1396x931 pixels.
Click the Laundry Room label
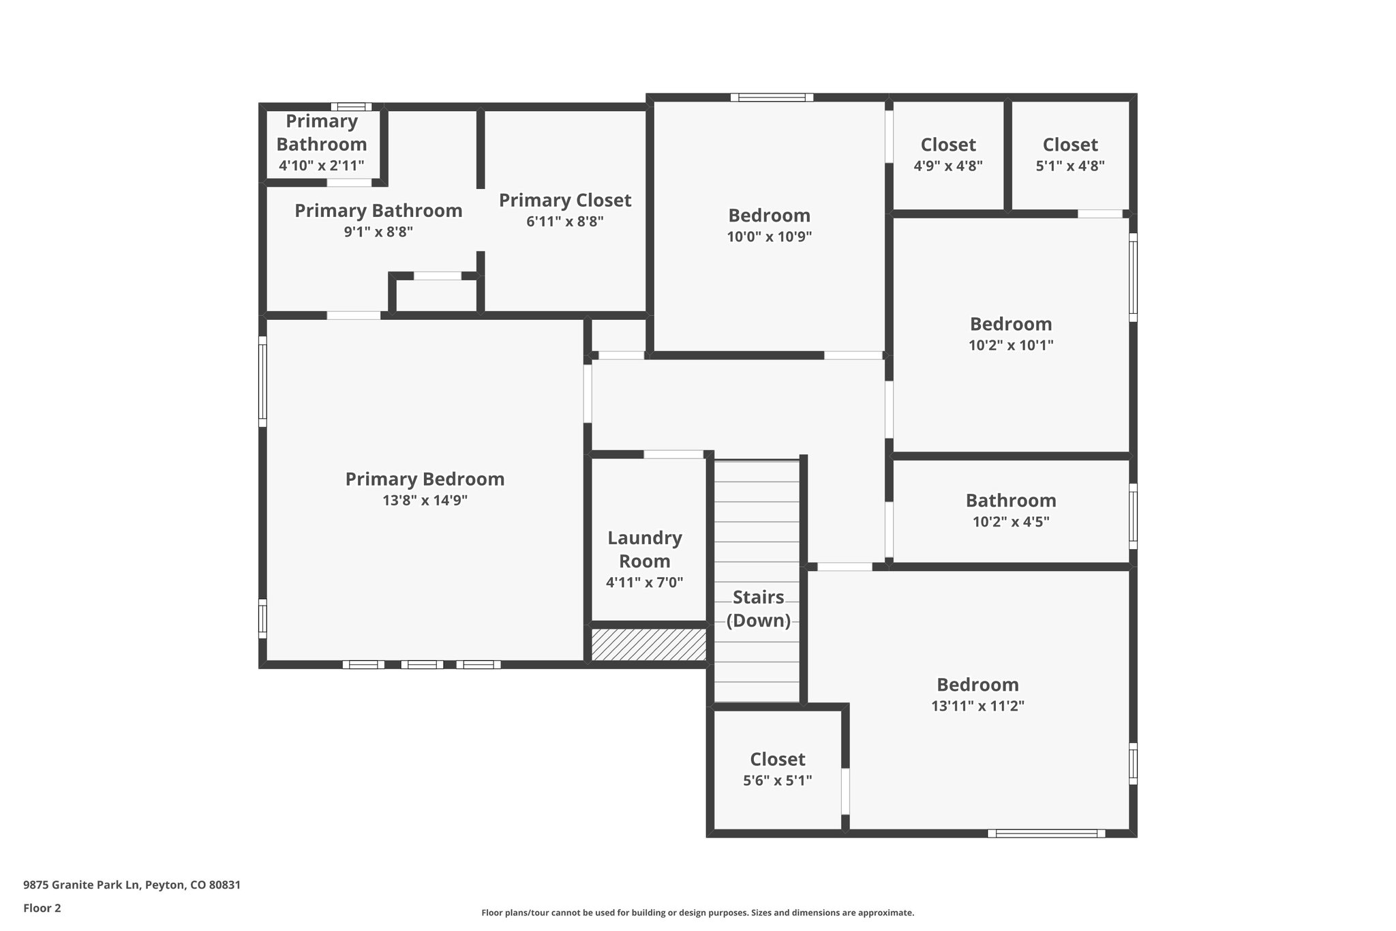coord(644,549)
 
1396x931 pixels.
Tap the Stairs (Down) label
coord(758,608)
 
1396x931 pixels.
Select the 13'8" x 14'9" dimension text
coord(425,501)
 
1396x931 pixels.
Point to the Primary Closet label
coord(565,201)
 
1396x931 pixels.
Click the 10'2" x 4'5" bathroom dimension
coord(1011,522)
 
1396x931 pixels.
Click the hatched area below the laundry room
coord(648,645)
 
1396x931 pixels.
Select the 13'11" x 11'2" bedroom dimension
coord(977,706)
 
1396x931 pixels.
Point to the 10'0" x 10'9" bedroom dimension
coord(769,237)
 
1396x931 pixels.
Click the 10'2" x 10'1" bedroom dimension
coord(1011,345)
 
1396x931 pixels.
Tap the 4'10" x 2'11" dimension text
coord(322,166)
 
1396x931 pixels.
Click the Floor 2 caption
coord(42,908)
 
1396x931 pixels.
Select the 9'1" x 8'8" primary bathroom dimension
coord(378,232)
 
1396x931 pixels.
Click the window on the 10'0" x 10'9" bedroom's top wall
coord(772,98)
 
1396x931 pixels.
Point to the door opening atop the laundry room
coord(673,454)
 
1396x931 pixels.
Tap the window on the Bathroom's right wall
coord(1133,516)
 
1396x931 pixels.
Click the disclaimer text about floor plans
coord(697,913)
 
